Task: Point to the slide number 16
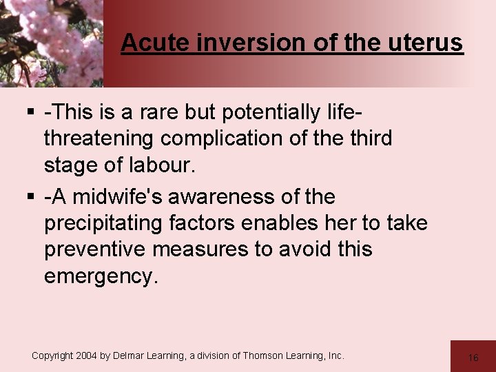pyautogui.click(x=473, y=358)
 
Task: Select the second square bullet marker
pyautogui.click(x=32, y=198)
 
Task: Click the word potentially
pyautogui.click(x=274, y=112)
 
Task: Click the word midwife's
pyautogui.click(x=118, y=197)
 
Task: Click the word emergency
pyautogui.click(x=101, y=276)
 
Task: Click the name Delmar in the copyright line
pyautogui.click(x=134, y=355)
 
